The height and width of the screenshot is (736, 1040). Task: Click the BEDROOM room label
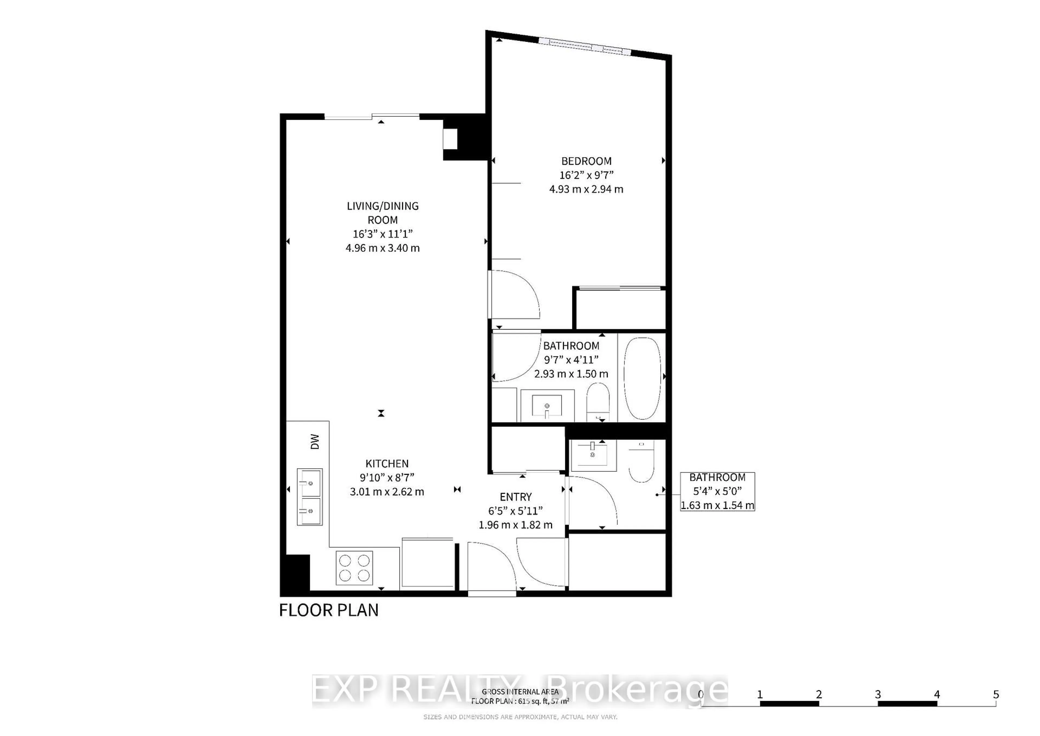586,161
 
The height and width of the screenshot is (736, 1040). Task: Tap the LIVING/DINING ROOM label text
383,213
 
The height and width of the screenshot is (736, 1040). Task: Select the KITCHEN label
387,464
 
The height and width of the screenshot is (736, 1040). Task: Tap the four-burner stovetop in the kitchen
354,568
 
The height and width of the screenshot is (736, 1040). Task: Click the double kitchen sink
310,497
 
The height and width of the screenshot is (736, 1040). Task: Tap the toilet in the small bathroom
641,462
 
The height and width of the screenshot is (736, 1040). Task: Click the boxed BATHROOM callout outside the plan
717,491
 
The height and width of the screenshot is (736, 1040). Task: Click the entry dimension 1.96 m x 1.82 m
515,525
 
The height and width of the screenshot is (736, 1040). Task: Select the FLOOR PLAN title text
329,611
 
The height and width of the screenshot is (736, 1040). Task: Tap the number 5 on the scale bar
996,694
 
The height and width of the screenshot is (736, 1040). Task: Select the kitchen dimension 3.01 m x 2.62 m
387,492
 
